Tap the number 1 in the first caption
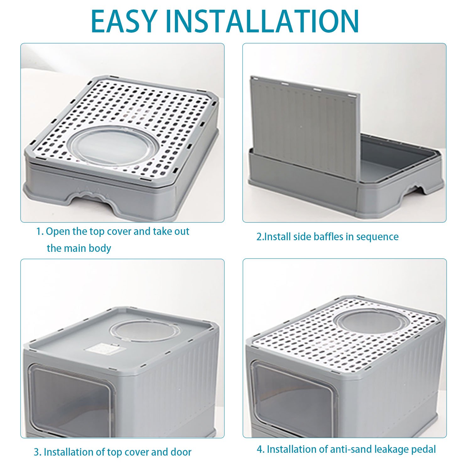(39, 232)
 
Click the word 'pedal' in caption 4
(424, 449)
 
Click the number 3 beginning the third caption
(36, 452)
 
